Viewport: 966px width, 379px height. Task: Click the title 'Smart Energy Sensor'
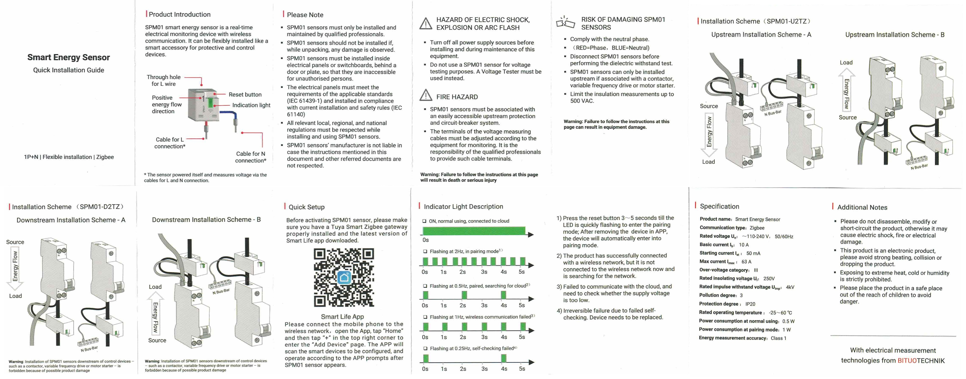click(x=69, y=57)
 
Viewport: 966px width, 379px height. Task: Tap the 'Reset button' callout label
click(x=245, y=95)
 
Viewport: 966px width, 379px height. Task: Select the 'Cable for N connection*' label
click(x=250, y=157)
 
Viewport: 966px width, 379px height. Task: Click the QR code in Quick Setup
click(x=344, y=278)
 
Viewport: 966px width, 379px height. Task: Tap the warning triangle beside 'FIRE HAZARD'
click(x=426, y=95)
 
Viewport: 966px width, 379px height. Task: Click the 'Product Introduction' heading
click(x=180, y=14)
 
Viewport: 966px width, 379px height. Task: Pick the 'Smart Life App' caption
click(x=342, y=316)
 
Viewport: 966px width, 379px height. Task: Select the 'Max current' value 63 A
click(x=746, y=262)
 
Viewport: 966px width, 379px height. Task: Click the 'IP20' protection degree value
click(x=750, y=304)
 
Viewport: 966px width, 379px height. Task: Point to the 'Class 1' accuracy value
click(x=779, y=338)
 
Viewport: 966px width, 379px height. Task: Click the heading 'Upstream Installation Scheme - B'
click(x=895, y=35)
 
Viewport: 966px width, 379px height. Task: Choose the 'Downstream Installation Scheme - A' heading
click(x=71, y=220)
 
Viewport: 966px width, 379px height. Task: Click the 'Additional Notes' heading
click(x=862, y=207)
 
